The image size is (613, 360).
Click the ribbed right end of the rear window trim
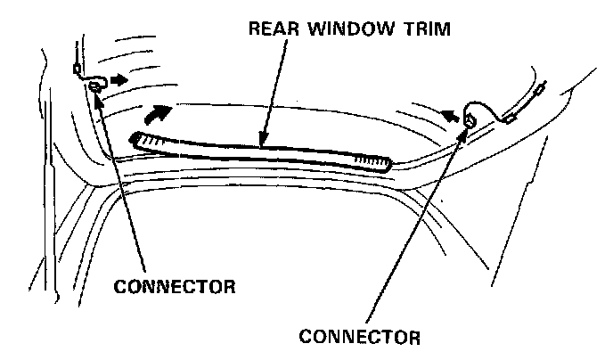pyautogui.click(x=372, y=160)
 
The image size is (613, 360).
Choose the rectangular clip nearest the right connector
pyautogui.click(x=510, y=114)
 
